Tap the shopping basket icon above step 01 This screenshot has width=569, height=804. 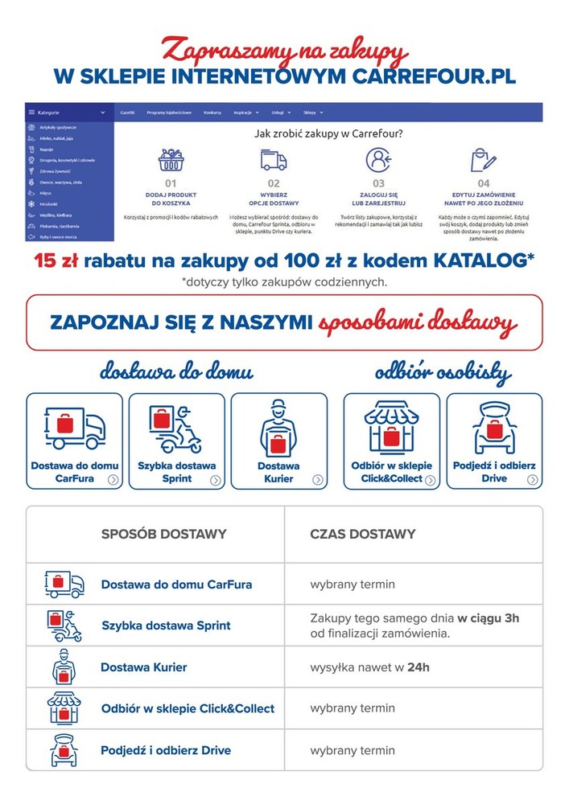pos(171,160)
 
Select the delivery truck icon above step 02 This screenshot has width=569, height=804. pos(274,160)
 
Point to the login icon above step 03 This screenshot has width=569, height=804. pos(378,160)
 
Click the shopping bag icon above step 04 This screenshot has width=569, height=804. pos(483,160)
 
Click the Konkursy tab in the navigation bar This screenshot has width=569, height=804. pos(212,113)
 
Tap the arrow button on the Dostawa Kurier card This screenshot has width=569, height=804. pos(318,480)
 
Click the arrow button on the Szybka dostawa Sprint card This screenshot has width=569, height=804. pos(216,480)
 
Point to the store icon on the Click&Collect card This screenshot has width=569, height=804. pos(391,426)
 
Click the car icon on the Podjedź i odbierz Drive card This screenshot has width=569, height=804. pos(494,426)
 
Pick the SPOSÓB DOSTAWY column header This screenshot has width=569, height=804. pos(163,534)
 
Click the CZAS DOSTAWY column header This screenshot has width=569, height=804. pos(363,534)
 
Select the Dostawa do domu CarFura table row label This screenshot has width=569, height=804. pos(176,585)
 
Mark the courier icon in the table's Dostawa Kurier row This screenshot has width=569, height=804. pos(64,667)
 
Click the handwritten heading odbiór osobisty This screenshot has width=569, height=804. pos(443,372)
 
